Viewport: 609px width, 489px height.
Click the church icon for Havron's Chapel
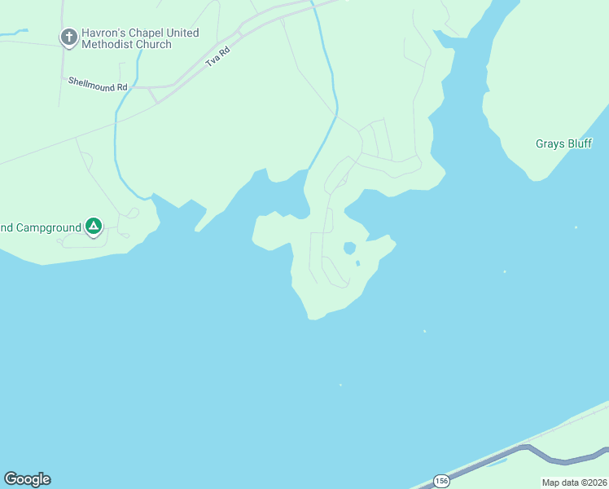(69, 37)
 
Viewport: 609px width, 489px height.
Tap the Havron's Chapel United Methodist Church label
(139, 38)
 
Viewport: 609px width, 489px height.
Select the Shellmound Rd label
(98, 86)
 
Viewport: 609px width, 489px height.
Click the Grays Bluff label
(565, 143)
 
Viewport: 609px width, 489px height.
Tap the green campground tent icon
(94, 227)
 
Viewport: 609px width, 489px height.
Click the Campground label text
(41, 227)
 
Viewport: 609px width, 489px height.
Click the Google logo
(27, 479)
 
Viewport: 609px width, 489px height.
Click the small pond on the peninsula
(349, 248)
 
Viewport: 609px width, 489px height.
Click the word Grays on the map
(550, 143)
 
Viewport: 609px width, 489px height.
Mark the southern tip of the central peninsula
(311, 318)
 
